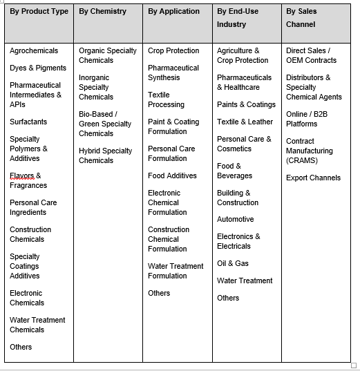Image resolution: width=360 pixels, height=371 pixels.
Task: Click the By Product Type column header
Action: pos(39,12)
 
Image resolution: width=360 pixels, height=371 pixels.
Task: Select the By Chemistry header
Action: pos(102,12)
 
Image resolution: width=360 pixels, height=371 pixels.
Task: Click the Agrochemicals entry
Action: pos(34,51)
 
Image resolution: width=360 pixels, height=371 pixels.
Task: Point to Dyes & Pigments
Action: pos(38,68)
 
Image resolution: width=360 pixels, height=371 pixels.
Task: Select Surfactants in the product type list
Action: pos(28,122)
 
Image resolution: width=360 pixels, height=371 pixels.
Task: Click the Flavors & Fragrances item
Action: pos(28,181)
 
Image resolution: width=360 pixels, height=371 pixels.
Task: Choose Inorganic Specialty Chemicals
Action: pos(95,88)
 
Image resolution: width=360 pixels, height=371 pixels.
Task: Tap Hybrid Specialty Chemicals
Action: pos(105,155)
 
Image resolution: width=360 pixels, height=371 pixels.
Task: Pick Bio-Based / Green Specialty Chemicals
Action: pos(105,124)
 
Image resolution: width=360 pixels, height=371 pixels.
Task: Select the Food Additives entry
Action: pos(172,176)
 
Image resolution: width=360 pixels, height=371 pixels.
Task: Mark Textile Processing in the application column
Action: pos(166,100)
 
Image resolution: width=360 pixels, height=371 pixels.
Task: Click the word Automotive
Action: pos(235,220)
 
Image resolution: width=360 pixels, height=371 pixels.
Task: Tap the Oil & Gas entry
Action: pos(233,264)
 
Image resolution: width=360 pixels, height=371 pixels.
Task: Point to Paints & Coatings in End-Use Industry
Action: pos(246,105)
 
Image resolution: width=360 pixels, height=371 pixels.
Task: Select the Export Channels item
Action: pos(313,178)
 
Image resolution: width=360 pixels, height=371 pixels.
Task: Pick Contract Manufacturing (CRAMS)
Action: pos(309,151)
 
